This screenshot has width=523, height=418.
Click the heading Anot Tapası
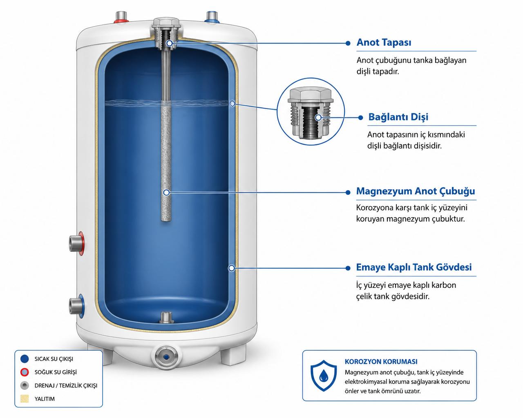384,42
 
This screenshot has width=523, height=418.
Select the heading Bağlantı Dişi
398,117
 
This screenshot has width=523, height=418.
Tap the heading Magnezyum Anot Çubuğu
416,191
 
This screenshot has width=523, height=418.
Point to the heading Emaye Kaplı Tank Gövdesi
414,267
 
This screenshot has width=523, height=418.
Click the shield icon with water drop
324,376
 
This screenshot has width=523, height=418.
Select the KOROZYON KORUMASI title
381,362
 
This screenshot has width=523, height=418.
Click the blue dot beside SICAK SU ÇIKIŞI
25,359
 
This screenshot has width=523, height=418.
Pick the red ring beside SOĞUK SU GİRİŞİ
25,372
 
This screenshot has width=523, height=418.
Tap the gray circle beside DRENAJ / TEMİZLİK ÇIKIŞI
25,385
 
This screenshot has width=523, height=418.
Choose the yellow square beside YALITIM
25,398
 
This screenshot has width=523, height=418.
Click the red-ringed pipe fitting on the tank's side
76,243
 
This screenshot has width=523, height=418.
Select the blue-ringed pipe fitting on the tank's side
76,306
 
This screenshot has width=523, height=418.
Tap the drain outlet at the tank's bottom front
166,357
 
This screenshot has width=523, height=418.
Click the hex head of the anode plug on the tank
166,22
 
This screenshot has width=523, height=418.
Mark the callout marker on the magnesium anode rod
166,193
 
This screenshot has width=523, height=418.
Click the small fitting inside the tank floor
166,318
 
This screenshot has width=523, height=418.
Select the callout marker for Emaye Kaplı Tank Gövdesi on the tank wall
232,268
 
